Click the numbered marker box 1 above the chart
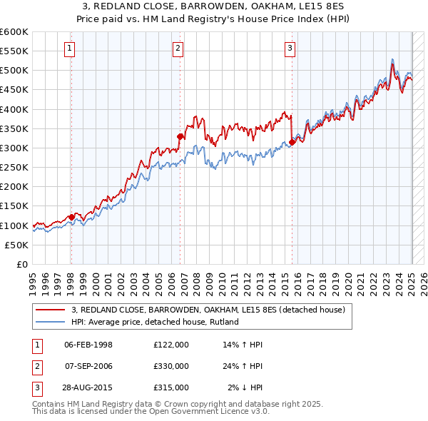pyautogui.click(x=70, y=49)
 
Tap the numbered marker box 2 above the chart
pyautogui.click(x=178, y=49)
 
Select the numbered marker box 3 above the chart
pyautogui.click(x=290, y=49)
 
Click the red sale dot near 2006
pyautogui.click(x=180, y=136)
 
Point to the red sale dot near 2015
pyautogui.click(x=292, y=142)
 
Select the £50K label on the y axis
pyautogui.click(x=17, y=245)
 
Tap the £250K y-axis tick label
pyautogui.click(x=14, y=168)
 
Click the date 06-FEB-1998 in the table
pyautogui.click(x=88, y=345)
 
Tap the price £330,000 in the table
pyautogui.click(x=171, y=366)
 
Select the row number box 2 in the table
pyautogui.click(x=35, y=366)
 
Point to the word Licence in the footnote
pyautogui.click(x=213, y=412)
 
